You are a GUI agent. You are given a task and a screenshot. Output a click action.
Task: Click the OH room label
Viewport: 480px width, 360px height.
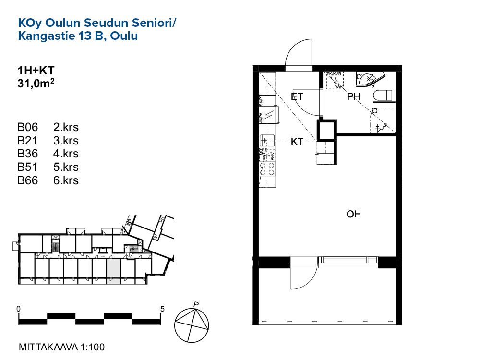(x=354, y=214)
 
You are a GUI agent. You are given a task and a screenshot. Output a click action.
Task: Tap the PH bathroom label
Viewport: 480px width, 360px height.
(x=354, y=97)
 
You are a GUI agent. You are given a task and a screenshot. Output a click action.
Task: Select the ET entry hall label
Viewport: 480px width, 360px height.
(x=297, y=96)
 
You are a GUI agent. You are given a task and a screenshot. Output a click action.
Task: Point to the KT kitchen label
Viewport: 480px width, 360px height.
(x=297, y=142)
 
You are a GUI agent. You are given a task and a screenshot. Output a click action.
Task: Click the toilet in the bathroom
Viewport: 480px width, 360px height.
(x=384, y=96)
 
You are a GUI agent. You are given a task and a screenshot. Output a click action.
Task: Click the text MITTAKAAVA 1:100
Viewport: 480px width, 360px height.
(x=61, y=347)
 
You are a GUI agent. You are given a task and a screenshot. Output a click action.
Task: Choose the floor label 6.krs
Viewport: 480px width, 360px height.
(x=66, y=180)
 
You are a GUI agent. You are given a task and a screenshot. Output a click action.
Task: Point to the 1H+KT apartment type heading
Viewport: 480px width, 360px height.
(x=36, y=71)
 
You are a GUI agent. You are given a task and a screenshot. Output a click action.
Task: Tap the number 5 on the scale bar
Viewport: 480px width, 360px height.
(x=163, y=309)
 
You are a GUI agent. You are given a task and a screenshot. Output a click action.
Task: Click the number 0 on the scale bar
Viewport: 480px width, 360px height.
(x=18, y=309)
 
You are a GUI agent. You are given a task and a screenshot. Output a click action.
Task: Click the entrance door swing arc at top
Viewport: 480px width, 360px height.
(x=299, y=54)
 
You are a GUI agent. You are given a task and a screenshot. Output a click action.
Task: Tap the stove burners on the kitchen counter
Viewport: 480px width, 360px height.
(x=267, y=168)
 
